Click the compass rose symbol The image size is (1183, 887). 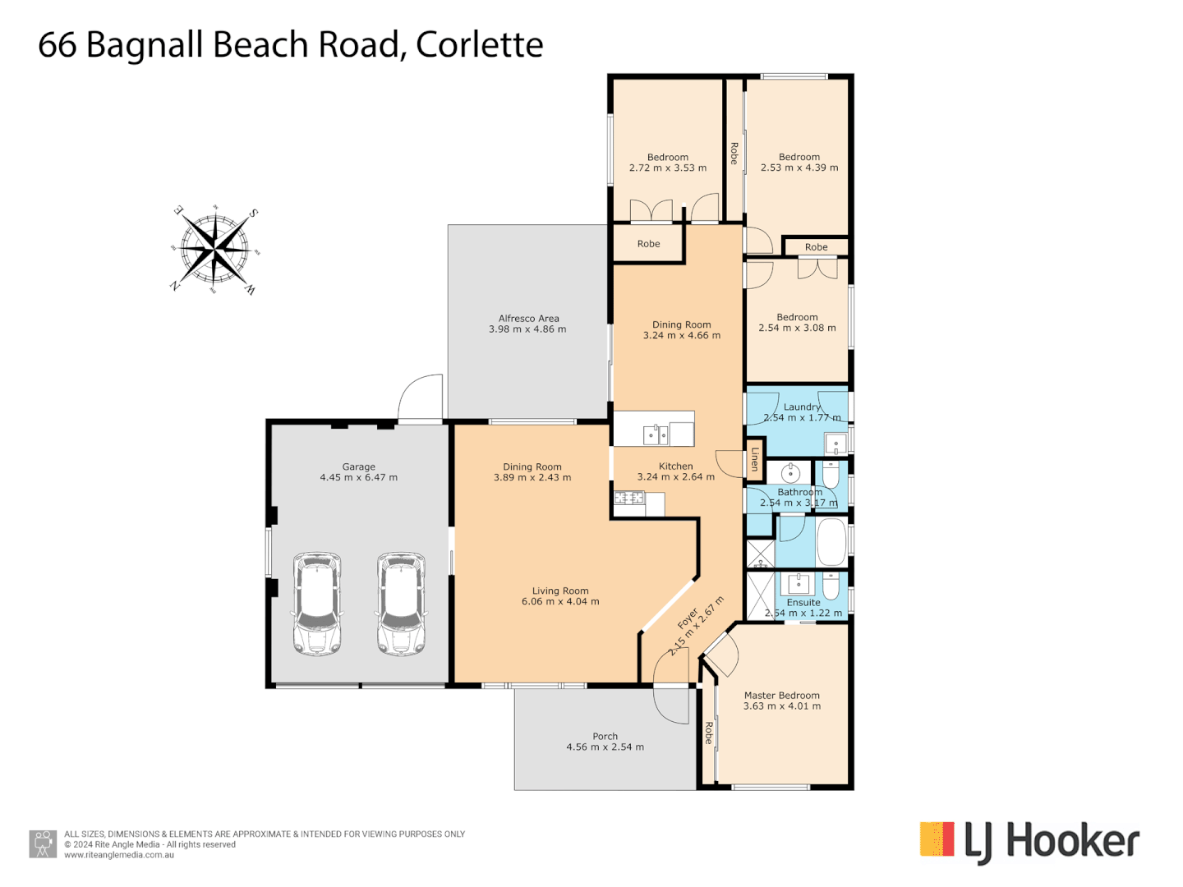point(215,248)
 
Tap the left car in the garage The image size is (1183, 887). point(317,604)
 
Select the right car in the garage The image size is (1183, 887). point(401,604)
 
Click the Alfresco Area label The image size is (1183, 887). point(528,319)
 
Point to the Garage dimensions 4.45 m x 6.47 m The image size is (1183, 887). point(358,477)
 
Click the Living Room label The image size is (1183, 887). point(560,591)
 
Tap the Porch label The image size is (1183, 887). point(605,737)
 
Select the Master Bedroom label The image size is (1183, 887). point(781,696)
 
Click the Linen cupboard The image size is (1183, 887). point(755,459)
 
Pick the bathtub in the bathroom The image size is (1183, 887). point(831,542)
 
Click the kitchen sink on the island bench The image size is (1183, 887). point(655,434)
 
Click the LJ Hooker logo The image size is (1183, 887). point(1029,842)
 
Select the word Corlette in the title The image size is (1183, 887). point(479,44)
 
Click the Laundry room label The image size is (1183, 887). point(802,407)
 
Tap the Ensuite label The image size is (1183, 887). point(803,602)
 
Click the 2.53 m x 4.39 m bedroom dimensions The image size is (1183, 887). point(799,168)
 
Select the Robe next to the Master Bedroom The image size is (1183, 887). point(708,733)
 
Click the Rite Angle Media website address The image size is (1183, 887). point(119,855)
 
